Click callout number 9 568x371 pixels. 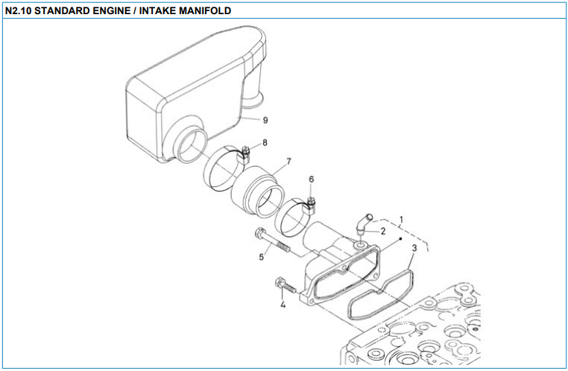coord(265,119)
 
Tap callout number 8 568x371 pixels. coord(265,142)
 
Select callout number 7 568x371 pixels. coord(288,161)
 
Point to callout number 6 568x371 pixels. coord(312,180)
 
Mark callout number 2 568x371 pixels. coord(383,231)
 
